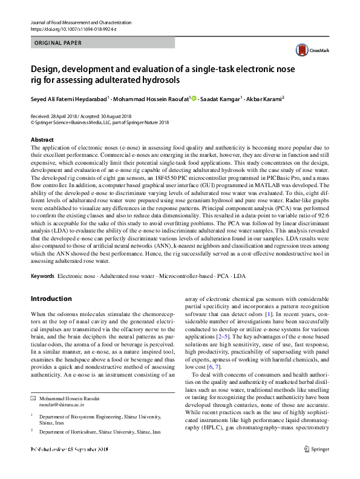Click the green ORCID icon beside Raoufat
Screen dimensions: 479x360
point(194,98)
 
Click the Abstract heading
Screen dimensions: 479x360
point(42,140)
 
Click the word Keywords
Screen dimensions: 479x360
point(42,276)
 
